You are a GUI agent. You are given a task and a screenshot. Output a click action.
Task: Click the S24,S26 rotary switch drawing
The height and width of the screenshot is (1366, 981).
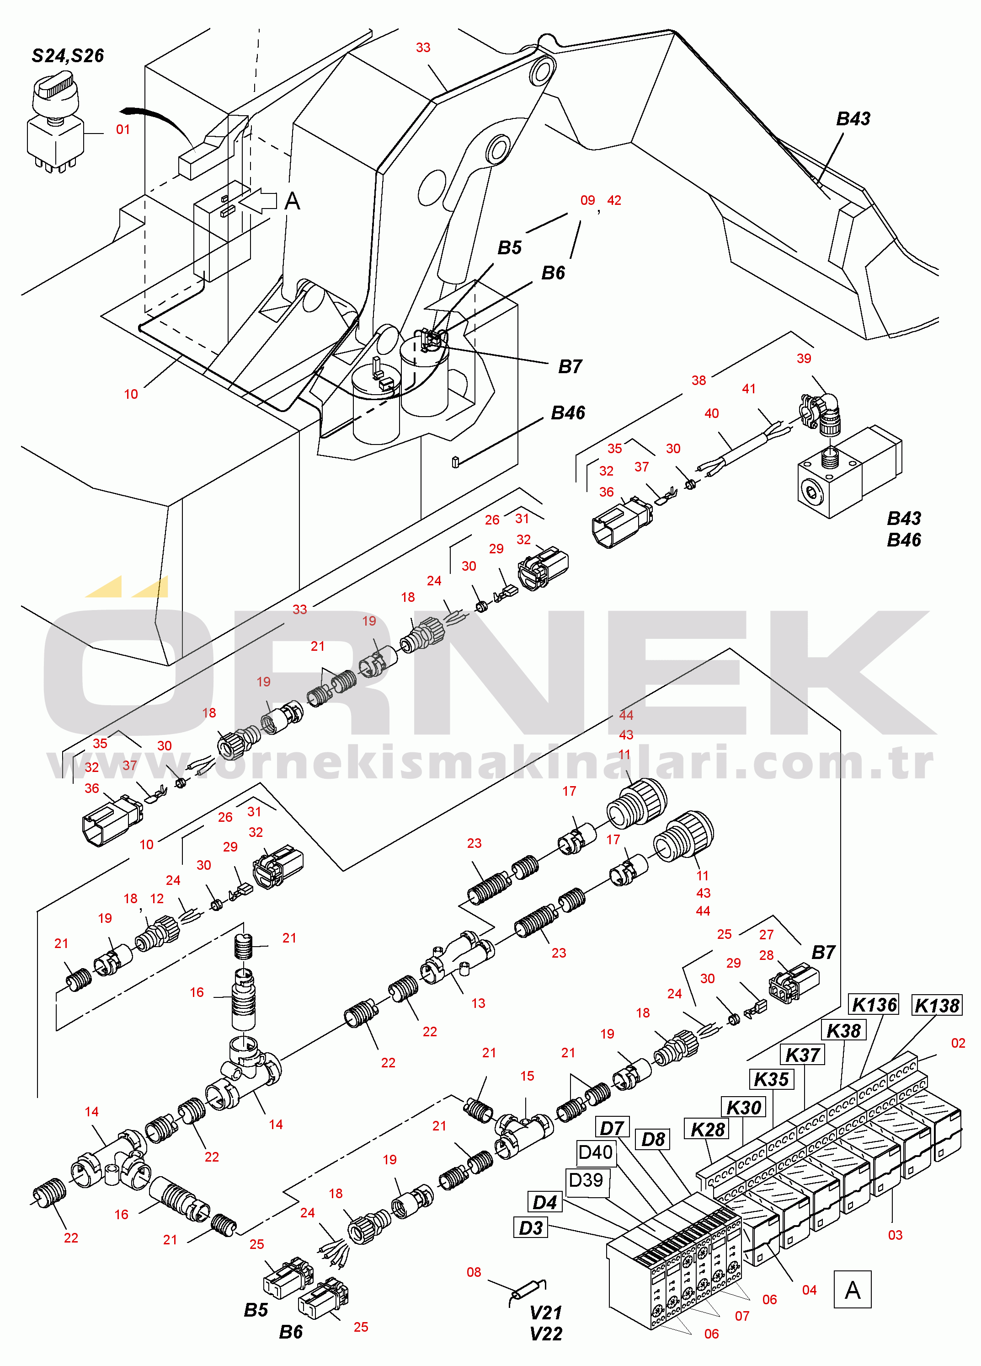pos(53,123)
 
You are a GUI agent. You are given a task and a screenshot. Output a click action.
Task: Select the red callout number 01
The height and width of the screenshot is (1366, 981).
pos(123,129)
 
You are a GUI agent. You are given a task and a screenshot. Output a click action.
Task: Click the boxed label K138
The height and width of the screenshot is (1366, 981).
pos(937,1005)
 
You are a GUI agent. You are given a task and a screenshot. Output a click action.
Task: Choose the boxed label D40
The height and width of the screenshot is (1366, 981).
pos(595,1152)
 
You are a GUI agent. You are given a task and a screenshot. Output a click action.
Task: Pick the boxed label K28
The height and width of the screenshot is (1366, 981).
pos(707,1129)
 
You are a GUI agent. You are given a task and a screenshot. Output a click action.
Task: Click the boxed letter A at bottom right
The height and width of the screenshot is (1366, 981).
pos(852,1290)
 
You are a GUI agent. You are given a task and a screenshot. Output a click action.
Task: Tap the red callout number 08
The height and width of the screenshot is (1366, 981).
pos(474,1273)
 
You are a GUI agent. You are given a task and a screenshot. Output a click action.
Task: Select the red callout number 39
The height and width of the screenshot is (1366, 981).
pos(804,359)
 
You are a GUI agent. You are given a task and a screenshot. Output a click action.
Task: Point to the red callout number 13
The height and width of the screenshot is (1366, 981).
pos(478,1003)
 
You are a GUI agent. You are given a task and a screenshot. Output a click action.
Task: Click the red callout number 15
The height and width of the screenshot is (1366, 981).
pos(527,1077)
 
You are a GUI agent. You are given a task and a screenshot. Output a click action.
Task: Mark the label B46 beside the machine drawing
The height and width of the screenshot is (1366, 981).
pos(568,412)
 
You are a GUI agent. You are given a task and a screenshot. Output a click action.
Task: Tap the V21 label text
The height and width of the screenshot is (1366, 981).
pos(546,1313)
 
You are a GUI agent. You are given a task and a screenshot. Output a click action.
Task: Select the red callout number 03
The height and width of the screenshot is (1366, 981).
pos(895,1235)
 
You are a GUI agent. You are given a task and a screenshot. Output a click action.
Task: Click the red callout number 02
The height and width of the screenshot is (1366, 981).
pos(958,1043)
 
